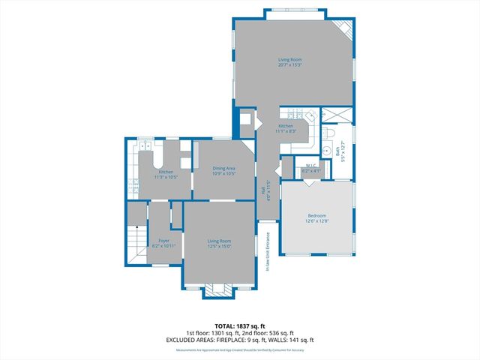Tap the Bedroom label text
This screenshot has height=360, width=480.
[x=316, y=215]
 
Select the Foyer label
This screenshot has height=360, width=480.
[x=163, y=241]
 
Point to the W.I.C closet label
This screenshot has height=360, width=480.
[x=310, y=165]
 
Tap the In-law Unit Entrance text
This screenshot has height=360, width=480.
[x=268, y=251]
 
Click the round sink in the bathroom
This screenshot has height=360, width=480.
[x=327, y=148]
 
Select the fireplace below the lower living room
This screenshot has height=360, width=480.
[x=220, y=289]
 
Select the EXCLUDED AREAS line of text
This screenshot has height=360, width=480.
[x=239, y=339]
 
